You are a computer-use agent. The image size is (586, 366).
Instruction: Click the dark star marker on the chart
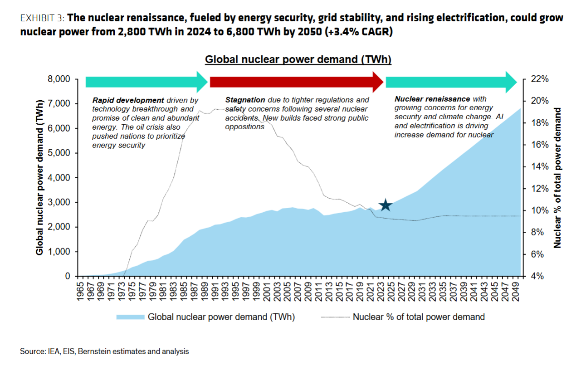385,205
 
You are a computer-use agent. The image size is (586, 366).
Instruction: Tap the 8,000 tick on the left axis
59,79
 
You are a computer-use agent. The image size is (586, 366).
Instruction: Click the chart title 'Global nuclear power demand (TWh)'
298,59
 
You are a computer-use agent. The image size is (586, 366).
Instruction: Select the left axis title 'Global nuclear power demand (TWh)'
40,177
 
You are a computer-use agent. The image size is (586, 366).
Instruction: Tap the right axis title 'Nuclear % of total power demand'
557,177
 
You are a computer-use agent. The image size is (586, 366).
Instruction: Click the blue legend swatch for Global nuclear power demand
130,317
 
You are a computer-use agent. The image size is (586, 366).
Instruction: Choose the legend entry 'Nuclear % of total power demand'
418,317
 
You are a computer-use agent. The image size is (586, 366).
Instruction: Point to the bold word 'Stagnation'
245,100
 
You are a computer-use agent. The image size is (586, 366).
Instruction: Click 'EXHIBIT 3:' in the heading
43,19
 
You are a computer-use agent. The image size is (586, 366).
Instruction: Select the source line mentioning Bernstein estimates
104,351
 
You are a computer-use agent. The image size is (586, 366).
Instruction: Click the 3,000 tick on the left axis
59,202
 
